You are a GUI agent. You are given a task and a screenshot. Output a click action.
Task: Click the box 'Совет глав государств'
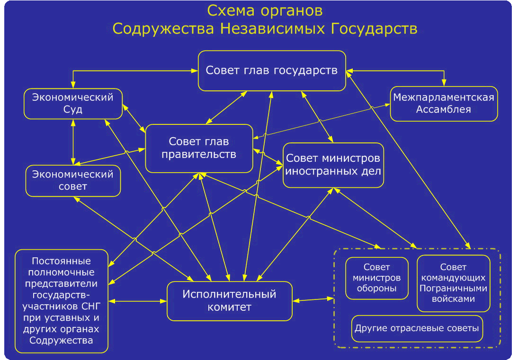tap(272, 70)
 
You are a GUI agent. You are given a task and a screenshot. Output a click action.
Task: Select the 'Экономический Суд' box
tap(73, 104)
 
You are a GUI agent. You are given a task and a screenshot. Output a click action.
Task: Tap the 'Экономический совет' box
tap(73, 181)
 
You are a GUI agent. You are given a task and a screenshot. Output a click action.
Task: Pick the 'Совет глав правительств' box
tap(199, 149)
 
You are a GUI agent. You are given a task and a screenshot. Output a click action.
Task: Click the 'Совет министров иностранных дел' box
tap(333, 165)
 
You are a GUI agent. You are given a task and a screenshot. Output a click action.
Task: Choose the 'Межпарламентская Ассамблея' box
tap(444, 104)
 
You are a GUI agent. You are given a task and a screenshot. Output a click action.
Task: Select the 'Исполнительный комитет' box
tap(230, 301)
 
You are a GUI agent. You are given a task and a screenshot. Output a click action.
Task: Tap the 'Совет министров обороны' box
tap(376, 278)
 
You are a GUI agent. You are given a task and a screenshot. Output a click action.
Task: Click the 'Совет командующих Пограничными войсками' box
tap(453, 283)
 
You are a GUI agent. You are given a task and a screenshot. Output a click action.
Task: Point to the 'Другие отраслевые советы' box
tap(417, 329)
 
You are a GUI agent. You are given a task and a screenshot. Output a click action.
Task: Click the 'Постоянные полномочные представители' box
tap(62, 301)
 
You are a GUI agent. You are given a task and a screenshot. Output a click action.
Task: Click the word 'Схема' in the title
tap(231, 11)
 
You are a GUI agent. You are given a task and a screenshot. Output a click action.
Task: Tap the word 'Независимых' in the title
tap(272, 29)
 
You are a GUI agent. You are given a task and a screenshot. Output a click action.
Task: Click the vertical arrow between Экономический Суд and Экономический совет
tap(73, 142)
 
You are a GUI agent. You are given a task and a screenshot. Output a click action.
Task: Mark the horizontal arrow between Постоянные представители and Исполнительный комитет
tap(138, 301)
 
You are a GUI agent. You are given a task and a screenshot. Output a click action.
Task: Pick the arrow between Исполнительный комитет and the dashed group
tap(313, 299)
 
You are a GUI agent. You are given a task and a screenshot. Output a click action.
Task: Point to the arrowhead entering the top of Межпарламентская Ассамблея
tap(444, 82)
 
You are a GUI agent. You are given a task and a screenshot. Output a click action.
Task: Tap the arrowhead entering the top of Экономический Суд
tap(73, 84)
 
